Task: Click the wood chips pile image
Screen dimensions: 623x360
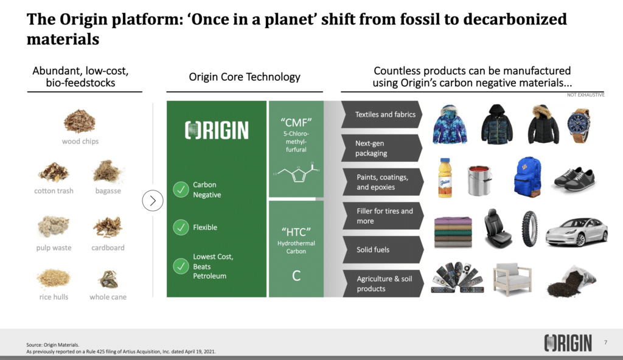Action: [80, 121]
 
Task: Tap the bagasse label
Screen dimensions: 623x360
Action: [108, 191]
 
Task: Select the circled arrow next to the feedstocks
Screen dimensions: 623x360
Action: [153, 201]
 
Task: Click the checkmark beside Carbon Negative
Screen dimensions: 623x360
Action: [181, 190]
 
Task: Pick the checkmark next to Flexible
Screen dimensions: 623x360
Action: [181, 227]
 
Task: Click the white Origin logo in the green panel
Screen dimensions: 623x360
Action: [217, 130]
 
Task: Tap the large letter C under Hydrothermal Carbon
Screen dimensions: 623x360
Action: [296, 275]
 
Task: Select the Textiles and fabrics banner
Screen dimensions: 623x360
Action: [381, 114]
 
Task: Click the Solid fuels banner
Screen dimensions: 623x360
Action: [383, 249]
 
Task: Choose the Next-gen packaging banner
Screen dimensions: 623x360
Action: [381, 148]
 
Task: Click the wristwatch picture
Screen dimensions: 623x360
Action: [579, 125]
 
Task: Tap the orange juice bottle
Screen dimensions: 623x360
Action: [445, 178]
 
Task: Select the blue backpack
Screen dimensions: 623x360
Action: [527, 177]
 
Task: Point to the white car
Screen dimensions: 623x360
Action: [577, 232]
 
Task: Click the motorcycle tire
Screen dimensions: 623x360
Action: [530, 229]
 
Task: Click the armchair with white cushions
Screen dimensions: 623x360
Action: [512, 279]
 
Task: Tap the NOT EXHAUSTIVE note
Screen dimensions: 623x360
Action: [586, 95]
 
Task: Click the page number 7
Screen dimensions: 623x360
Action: [605, 342]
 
